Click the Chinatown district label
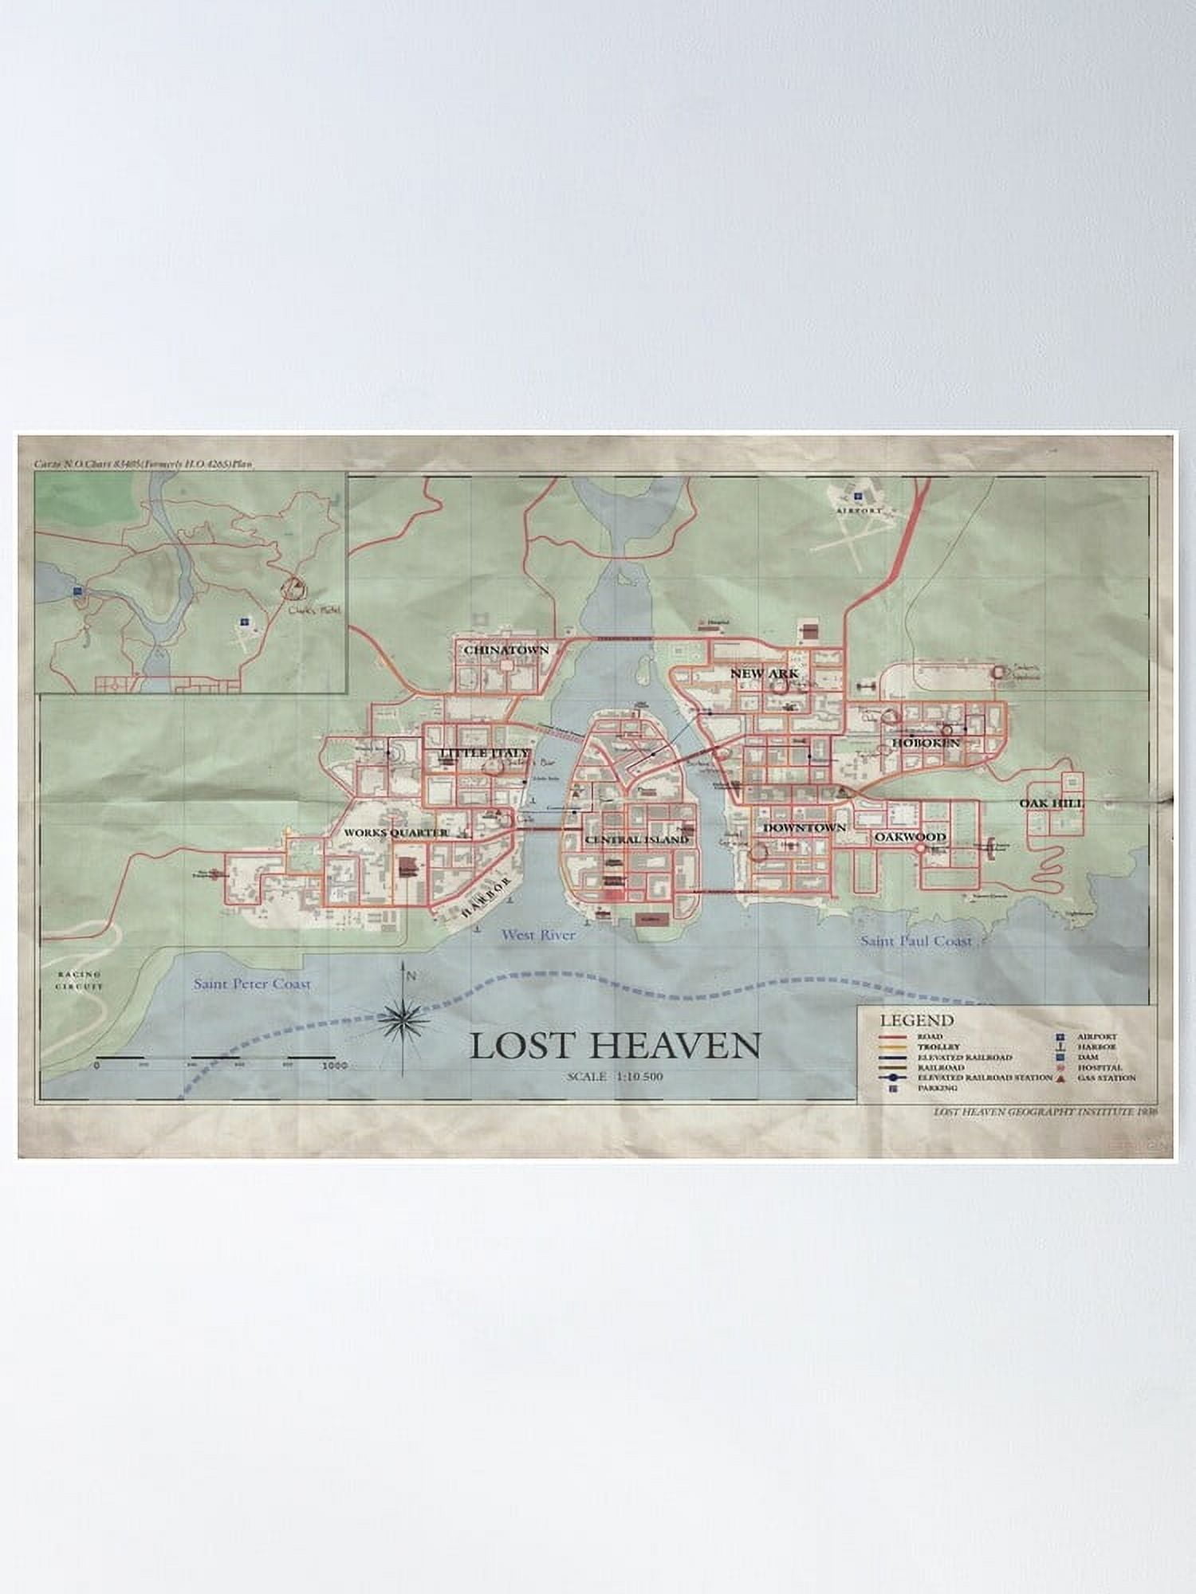pos(506,650)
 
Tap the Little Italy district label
pos(484,753)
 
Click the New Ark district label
pos(764,673)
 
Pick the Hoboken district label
pos(925,743)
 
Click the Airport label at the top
pos(860,508)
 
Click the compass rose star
pos(404,1015)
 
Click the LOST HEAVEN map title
pos(615,1046)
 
